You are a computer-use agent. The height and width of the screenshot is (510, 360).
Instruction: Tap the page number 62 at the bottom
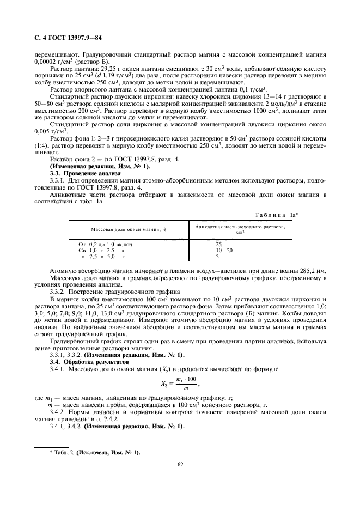(x=179, y=464)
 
